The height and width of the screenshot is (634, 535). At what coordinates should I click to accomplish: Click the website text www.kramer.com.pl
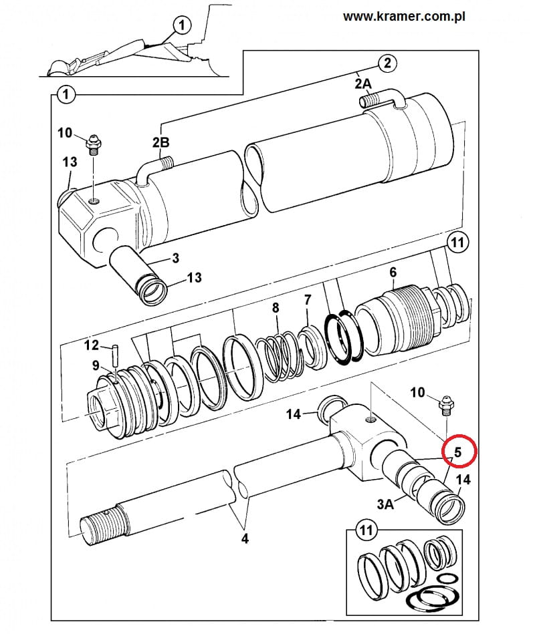point(404,17)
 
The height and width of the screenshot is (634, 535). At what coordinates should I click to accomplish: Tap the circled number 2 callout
point(388,63)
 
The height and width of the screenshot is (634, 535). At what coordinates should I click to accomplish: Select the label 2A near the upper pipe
point(363,84)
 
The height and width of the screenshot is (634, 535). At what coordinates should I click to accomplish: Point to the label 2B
point(160,142)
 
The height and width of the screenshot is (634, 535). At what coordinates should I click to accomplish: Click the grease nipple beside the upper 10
point(94,145)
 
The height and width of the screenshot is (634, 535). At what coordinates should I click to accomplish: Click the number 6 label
point(393,272)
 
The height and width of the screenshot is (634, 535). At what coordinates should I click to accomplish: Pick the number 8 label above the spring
point(276,308)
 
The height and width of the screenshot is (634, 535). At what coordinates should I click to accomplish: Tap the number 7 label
point(308,299)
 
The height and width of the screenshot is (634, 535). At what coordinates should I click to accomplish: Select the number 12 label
point(92,345)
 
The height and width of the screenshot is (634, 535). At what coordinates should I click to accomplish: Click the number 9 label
point(96,365)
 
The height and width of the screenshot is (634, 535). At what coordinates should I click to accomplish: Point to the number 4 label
point(245,538)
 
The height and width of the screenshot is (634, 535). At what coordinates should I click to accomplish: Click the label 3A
point(385,504)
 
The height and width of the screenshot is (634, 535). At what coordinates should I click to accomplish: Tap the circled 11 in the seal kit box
point(366,530)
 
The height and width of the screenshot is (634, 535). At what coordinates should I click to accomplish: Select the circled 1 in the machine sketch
point(182,25)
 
